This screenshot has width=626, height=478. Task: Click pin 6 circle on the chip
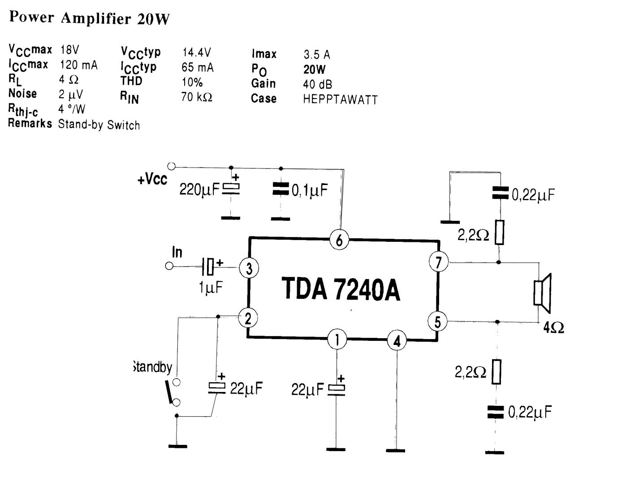339,240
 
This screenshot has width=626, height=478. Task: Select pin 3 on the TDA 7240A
249,268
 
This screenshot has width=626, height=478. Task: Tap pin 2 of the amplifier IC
248,319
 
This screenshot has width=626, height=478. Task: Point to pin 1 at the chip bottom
337,339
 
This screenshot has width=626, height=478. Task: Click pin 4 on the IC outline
397,341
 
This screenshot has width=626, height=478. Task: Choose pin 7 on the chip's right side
438,262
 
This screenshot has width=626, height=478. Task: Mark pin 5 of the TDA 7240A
437,322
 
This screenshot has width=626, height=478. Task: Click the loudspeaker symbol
542,293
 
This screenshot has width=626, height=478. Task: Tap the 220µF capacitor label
199,190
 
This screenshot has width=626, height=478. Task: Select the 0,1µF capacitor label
310,190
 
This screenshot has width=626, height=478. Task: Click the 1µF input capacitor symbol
209,267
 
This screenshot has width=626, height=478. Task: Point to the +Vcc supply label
152,180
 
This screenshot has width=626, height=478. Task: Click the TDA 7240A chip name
341,289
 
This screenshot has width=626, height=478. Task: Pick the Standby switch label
153,367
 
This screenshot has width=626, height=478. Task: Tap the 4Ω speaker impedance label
553,328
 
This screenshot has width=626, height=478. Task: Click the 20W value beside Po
314,69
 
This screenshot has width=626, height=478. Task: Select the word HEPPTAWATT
340,99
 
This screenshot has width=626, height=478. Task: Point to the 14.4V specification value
196,52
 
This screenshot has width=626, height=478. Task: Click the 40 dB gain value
317,84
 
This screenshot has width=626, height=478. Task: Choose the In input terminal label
177,252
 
